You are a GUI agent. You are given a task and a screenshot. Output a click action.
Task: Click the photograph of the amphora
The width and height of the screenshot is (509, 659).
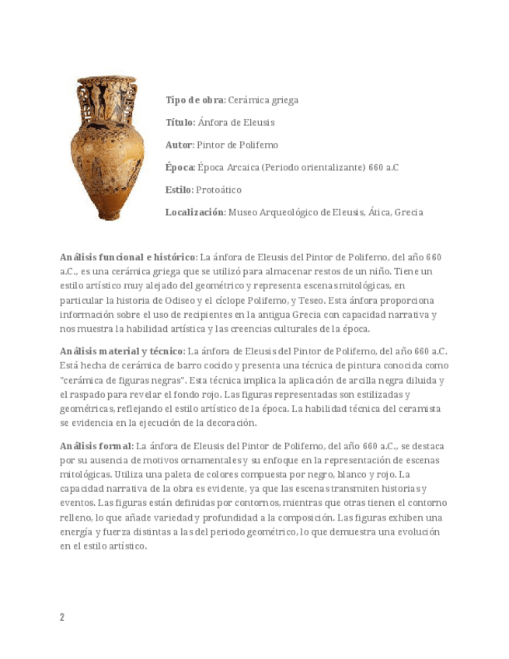(x=107, y=148)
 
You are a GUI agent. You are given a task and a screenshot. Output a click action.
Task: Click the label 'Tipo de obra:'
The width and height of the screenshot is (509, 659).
(x=195, y=100)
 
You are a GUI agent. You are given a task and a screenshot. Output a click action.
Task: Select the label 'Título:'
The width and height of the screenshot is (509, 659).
(x=180, y=123)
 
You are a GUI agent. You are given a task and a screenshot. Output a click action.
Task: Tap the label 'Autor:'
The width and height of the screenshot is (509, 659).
(x=180, y=145)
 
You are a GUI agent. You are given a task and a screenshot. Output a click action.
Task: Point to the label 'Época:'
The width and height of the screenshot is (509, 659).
(x=180, y=168)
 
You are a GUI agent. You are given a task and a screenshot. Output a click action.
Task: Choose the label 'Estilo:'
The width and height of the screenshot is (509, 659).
(x=180, y=190)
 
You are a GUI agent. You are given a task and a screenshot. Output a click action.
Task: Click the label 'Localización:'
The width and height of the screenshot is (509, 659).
(x=195, y=212)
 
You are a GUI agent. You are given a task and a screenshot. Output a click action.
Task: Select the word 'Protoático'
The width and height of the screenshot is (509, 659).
(x=219, y=190)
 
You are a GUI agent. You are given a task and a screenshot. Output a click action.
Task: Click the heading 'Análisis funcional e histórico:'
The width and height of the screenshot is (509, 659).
(x=128, y=257)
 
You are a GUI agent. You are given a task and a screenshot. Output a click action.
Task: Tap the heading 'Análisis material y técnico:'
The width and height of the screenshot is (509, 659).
(x=123, y=350)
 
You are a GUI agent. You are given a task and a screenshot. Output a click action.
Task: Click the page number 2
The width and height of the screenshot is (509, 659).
(x=62, y=617)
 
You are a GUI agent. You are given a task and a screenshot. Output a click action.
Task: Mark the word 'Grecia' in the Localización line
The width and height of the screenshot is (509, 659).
(x=409, y=212)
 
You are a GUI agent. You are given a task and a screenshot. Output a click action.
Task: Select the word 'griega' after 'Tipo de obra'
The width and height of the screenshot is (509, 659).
(x=284, y=100)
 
